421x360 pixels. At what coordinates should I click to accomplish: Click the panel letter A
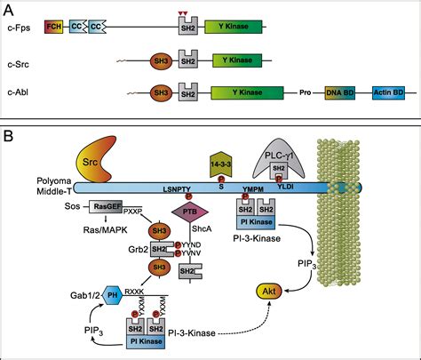[8, 8]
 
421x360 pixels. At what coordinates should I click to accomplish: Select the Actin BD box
[388, 92]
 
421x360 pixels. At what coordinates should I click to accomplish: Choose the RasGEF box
[107, 207]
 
